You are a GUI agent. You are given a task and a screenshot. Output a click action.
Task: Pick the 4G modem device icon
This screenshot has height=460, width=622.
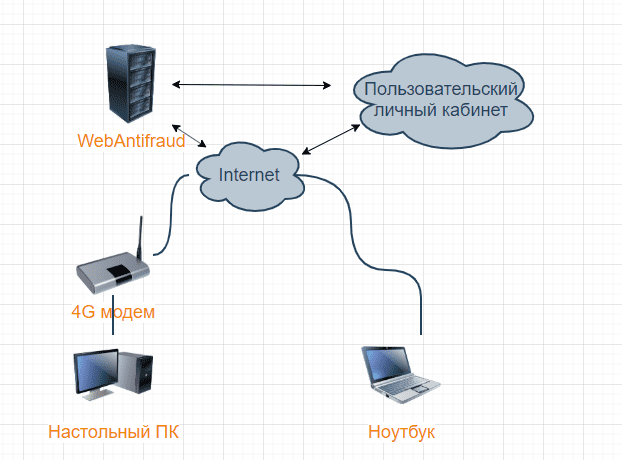pos(113,270)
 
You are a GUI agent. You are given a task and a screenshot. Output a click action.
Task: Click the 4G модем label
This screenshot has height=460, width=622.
pos(113,311)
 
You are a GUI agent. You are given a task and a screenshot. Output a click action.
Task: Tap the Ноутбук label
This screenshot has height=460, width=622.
pos(402,432)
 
